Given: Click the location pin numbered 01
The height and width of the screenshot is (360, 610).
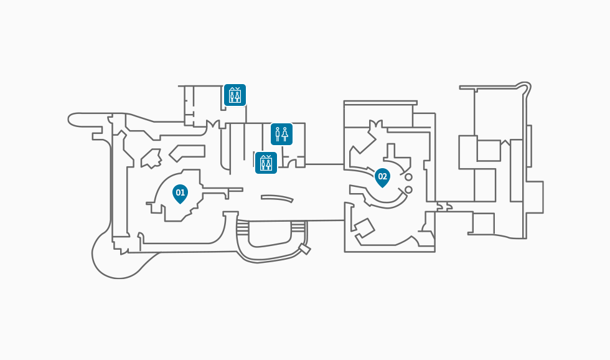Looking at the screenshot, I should pyautogui.click(x=180, y=193).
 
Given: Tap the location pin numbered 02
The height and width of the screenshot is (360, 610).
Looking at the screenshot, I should pyautogui.click(x=382, y=177).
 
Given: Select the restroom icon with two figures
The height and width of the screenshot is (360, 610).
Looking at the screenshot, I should pyautogui.click(x=281, y=134).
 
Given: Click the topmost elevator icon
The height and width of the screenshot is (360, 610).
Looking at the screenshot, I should pyautogui.click(x=235, y=95).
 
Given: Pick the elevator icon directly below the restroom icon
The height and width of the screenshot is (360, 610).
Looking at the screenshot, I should pyautogui.click(x=266, y=163).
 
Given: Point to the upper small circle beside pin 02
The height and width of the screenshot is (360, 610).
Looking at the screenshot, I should pyautogui.click(x=408, y=177).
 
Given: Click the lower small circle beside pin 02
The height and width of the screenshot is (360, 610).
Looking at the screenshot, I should pyautogui.click(x=408, y=189).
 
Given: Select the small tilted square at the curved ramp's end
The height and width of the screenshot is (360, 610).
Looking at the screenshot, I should pyautogui.click(x=304, y=249).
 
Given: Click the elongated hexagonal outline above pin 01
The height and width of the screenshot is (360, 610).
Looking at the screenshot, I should pyautogui.click(x=187, y=151).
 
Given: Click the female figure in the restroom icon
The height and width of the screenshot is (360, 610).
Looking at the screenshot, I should pyautogui.click(x=285, y=134).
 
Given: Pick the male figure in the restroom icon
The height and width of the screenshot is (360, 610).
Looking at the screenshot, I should pyautogui.click(x=278, y=134).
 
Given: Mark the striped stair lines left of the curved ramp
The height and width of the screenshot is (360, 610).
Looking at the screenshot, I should pyautogui.click(x=242, y=228).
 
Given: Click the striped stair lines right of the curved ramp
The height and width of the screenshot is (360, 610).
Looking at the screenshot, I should pyautogui.click(x=300, y=228).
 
